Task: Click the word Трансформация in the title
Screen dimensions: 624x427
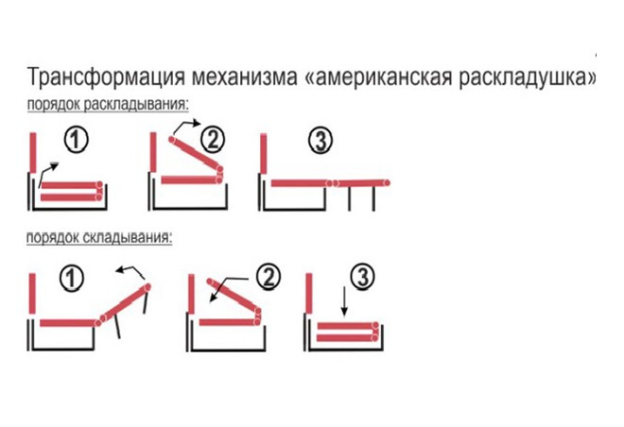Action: [x=106, y=77]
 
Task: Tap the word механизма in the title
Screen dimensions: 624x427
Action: [x=245, y=77]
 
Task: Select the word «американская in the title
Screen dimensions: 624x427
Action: [x=378, y=77]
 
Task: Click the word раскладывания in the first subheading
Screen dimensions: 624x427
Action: [x=136, y=105]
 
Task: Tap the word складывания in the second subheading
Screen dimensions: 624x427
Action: [x=129, y=237]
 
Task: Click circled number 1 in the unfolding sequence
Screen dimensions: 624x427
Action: [x=76, y=140]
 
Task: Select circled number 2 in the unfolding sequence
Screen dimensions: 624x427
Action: [x=213, y=140]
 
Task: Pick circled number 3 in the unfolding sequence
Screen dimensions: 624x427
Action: [x=321, y=141]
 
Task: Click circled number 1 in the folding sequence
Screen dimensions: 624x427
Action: [x=72, y=278]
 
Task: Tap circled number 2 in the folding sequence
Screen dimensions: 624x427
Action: [x=269, y=277]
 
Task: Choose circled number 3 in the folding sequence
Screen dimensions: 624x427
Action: [x=362, y=276]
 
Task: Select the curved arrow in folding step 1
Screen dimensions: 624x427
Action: [x=133, y=270]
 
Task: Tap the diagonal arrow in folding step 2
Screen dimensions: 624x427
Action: [x=228, y=289]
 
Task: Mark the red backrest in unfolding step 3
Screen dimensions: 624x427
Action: [x=263, y=154]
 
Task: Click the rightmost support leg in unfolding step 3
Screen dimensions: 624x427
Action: [x=373, y=198]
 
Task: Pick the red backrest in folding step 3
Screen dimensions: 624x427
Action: [x=309, y=293]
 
